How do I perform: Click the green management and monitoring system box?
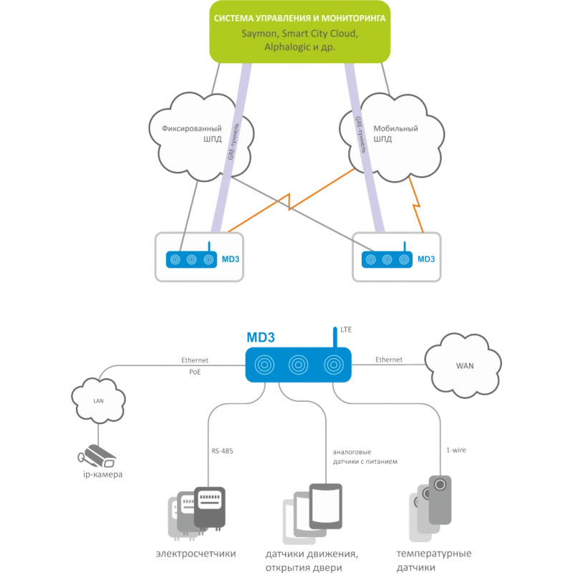point(299,32)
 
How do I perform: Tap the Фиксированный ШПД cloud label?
point(192,133)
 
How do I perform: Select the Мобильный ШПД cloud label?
point(395,133)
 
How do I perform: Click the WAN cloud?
point(463,365)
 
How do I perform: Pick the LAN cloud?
point(98,400)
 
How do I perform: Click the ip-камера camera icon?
point(97,456)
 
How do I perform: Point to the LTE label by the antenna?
point(346,329)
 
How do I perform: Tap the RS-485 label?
point(222,451)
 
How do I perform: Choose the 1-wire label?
point(456,451)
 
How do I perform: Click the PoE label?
point(195,372)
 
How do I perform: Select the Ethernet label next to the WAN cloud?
point(389,360)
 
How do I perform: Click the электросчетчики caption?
point(196,554)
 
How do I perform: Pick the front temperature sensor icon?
point(440,499)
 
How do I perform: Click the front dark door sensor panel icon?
point(326,506)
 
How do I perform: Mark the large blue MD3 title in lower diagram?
point(261,337)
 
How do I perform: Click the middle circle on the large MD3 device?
point(298,365)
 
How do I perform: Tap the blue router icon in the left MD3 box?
point(191,259)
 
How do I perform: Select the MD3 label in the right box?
point(426,259)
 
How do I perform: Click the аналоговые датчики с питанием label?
point(365,457)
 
